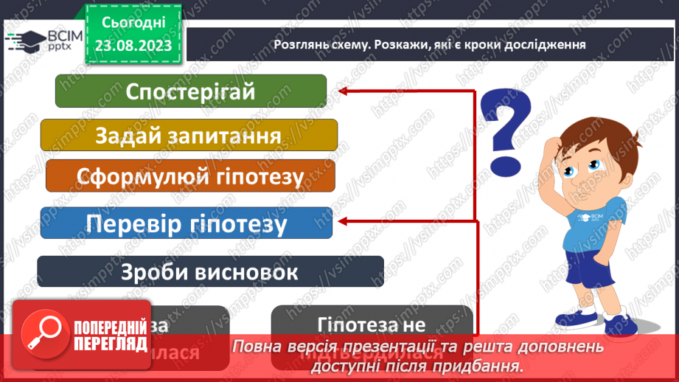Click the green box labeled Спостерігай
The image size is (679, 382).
[190, 91]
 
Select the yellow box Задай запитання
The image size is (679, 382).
[188, 136]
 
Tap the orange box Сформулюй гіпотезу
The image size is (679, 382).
[190, 177]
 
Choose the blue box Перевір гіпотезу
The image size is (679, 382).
[186, 223]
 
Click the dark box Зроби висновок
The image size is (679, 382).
[210, 271]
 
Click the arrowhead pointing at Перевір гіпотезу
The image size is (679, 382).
[341, 220]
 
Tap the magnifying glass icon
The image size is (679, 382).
[43, 333]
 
